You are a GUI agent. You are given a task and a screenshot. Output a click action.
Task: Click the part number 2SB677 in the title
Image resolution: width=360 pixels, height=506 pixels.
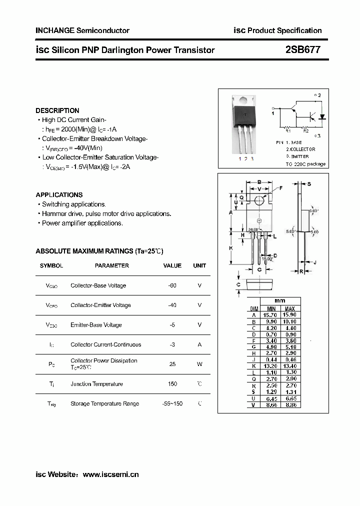click(x=302, y=50)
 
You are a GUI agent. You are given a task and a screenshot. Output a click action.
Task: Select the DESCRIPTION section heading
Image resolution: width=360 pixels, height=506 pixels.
click(x=57, y=110)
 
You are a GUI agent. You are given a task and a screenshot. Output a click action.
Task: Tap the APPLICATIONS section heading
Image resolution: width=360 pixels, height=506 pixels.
click(x=59, y=195)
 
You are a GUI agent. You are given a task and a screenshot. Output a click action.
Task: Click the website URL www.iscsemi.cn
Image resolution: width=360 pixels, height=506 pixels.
click(x=110, y=474)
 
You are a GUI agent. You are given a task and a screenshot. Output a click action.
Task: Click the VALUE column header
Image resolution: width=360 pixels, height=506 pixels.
click(x=172, y=265)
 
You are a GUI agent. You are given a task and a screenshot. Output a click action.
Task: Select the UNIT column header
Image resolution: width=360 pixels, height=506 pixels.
click(x=199, y=265)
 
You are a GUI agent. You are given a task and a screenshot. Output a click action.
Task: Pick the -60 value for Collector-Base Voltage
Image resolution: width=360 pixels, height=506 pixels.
click(x=172, y=285)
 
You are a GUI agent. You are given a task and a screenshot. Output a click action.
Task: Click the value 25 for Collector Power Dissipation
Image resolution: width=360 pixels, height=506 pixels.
click(x=172, y=364)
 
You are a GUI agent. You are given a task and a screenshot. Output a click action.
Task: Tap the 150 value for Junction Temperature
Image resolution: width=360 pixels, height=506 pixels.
click(x=172, y=384)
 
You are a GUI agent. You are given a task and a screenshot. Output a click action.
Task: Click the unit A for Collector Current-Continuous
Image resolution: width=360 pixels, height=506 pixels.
click(x=199, y=344)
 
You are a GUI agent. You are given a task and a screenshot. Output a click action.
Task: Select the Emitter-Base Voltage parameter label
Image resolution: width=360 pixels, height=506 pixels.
click(x=96, y=325)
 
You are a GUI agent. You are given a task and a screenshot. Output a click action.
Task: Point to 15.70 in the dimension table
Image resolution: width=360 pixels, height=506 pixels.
click(x=270, y=315)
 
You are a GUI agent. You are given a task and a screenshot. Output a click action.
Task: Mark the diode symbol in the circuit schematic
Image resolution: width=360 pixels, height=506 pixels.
click(x=321, y=117)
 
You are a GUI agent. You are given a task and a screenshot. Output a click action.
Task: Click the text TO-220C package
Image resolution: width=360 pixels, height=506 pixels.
click(x=305, y=164)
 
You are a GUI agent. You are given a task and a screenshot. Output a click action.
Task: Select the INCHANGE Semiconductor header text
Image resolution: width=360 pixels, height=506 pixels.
click(x=82, y=30)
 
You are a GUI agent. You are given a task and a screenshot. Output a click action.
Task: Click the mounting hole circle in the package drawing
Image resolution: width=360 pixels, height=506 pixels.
click(x=259, y=200)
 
